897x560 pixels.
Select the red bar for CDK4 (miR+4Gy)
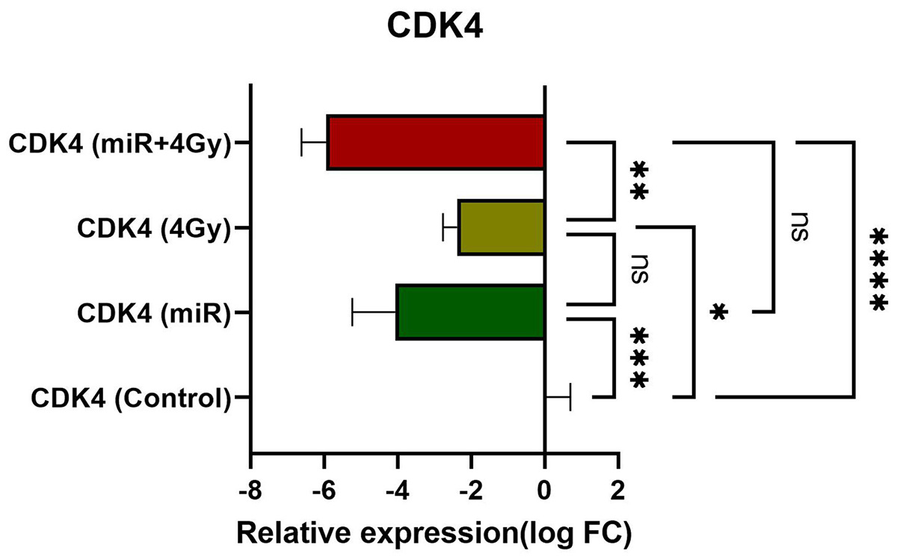(x=435, y=142)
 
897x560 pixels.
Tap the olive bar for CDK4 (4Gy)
(x=501, y=227)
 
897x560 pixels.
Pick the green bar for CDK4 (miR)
(x=470, y=312)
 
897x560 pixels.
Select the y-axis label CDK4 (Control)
(x=130, y=397)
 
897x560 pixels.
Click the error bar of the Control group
(x=559, y=397)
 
